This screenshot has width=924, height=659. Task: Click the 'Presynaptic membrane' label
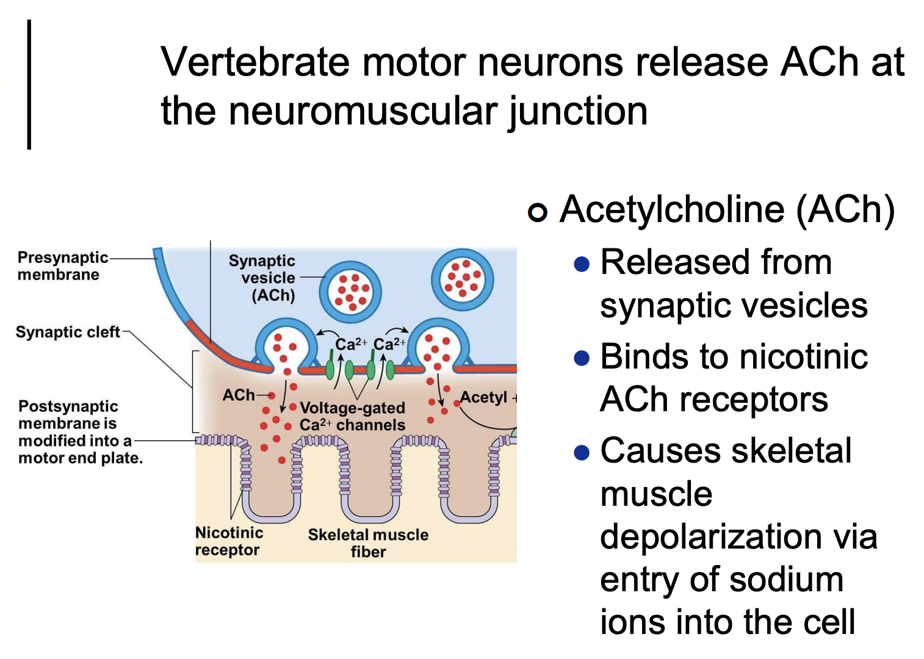[62, 266]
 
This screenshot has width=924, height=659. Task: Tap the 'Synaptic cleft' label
[68, 332]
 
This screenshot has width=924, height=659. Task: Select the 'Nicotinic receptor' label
[229, 541]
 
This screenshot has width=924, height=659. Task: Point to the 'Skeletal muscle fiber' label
[368, 543]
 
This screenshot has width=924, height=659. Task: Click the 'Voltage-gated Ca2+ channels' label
[352, 416]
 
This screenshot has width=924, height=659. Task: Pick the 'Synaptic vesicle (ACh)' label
[262, 278]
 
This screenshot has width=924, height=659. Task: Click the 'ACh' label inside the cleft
[239, 395]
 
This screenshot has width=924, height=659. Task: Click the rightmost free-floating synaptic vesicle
[462, 280]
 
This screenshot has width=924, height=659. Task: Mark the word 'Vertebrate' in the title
[255, 62]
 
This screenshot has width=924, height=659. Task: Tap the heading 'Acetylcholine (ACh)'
[727, 209]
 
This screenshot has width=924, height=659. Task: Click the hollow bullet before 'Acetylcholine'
[537, 212]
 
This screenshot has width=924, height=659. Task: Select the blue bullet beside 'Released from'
[582, 264]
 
